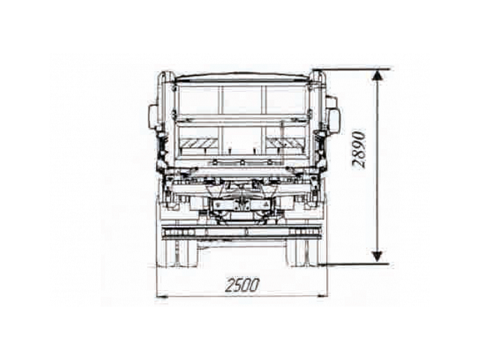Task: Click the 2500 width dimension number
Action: click(x=241, y=285)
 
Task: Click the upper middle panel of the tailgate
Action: click(x=242, y=98)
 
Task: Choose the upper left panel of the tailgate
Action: click(x=198, y=98)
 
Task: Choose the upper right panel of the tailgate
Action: click(x=286, y=98)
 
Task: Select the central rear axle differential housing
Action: click(x=241, y=206)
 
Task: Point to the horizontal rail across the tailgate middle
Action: click(x=242, y=118)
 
